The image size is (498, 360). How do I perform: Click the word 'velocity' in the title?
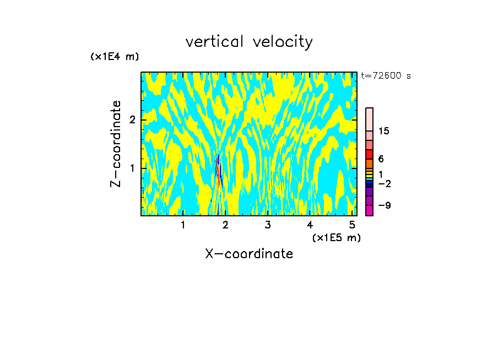tap(284, 42)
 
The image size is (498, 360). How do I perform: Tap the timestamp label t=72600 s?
tap(386, 76)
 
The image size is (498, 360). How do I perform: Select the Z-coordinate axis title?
tap(116, 144)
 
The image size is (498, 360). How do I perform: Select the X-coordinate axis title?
tap(249, 254)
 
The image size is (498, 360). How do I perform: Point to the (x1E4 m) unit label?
tap(115, 57)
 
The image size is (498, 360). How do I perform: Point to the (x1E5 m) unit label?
tap(336, 237)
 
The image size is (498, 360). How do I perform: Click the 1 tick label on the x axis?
tap(183, 225)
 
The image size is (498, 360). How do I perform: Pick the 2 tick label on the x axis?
tap(225, 225)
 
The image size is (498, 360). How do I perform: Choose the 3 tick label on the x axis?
tap(268, 225)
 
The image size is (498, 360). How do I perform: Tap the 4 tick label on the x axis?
tap(310, 225)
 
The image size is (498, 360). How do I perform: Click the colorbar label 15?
tap(384, 132)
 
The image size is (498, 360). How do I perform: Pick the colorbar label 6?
tap(381, 159)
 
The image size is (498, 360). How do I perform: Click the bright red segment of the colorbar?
tap(370, 155)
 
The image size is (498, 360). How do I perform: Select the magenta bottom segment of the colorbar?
tap(370, 210)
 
